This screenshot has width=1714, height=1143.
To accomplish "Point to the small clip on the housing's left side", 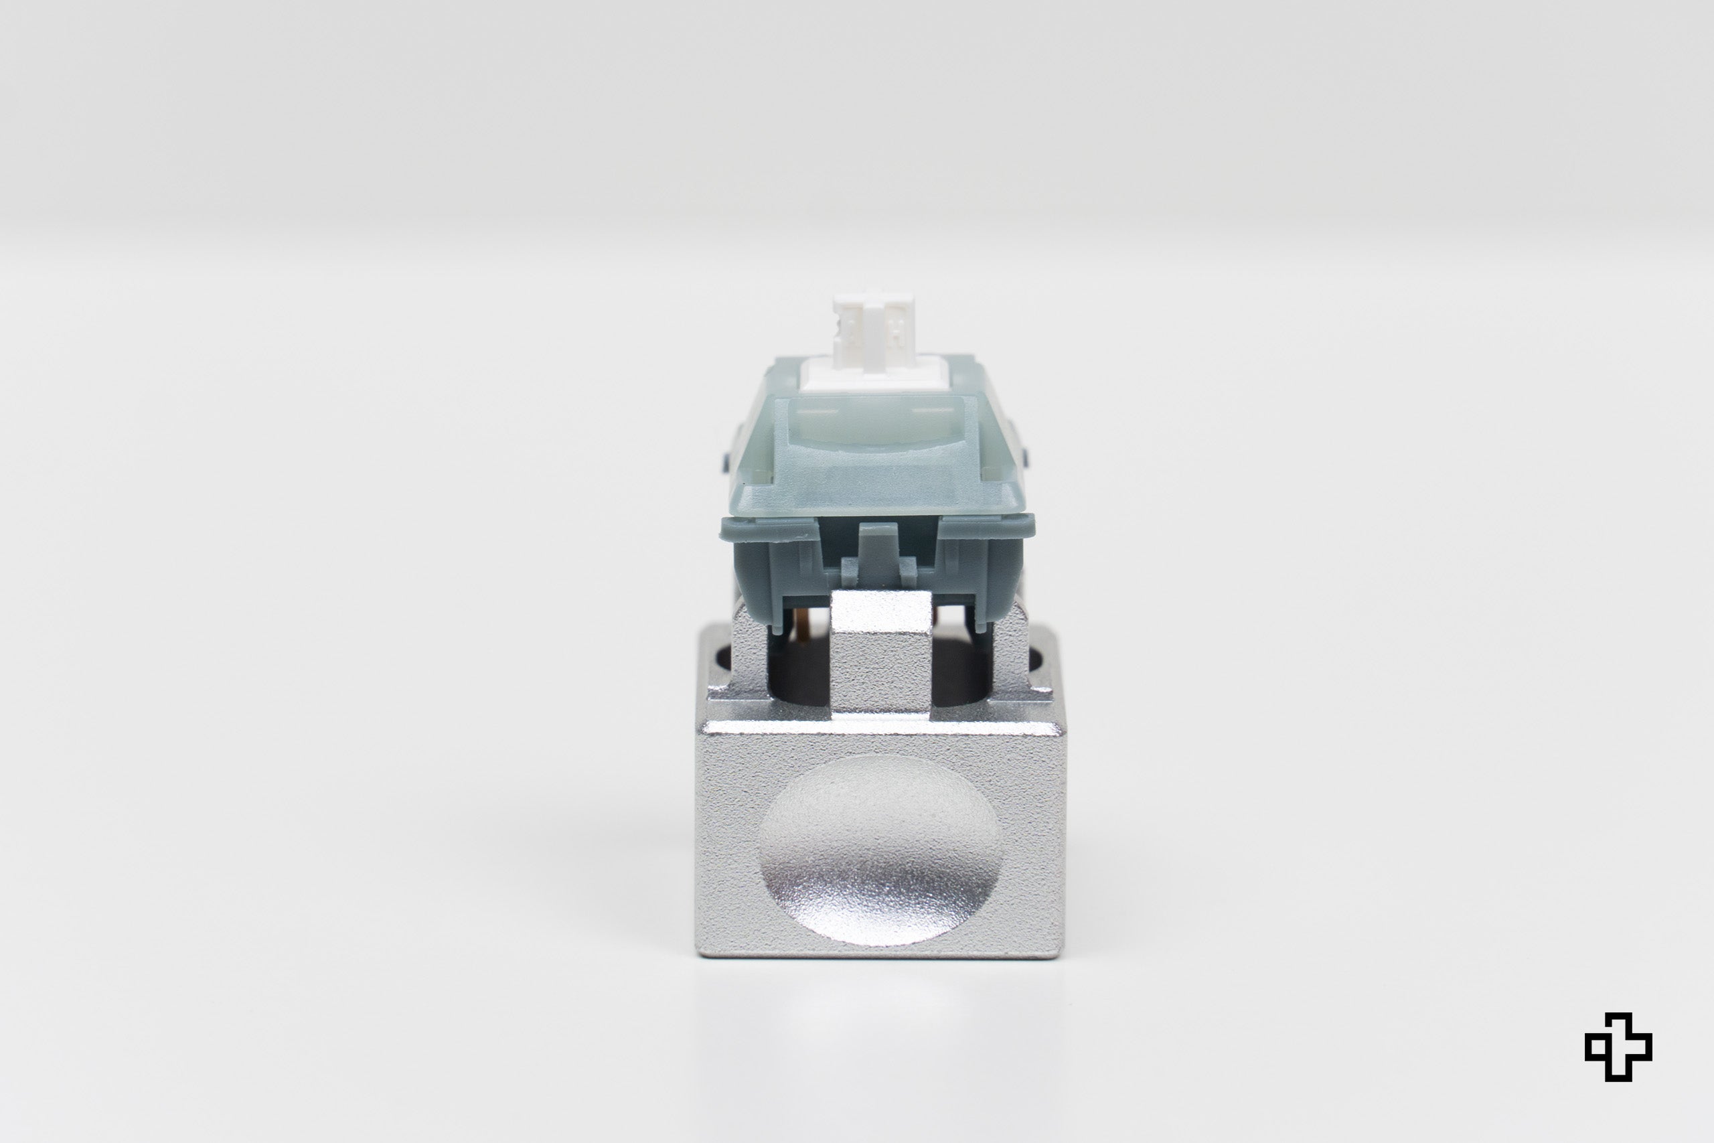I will coord(726,459).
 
